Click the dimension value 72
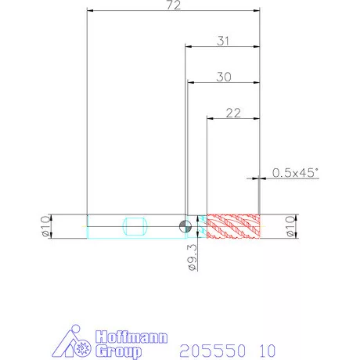point(174,5)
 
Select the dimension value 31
point(223,41)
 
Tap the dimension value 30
point(224,77)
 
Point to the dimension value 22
point(233,113)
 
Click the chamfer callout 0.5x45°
point(295,173)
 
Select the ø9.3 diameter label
point(193,257)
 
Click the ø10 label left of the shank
point(46,226)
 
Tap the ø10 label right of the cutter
point(291,226)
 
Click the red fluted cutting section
point(233,226)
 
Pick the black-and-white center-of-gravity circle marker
point(185,226)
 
